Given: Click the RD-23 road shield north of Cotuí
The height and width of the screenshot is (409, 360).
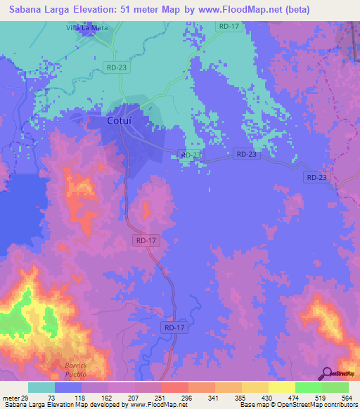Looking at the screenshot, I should point(116,67).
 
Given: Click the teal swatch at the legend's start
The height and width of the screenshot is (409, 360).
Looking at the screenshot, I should point(41,387).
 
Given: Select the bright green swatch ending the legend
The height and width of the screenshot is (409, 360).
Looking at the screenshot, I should point(335,387).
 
